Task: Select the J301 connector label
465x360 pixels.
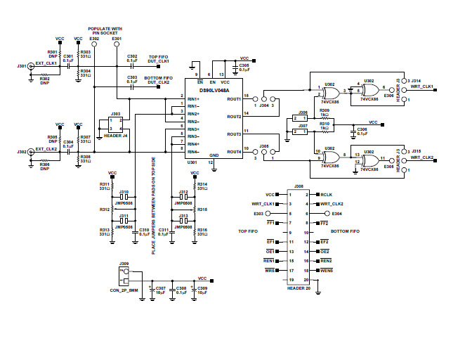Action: coord(21,66)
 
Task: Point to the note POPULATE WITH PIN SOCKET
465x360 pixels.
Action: coord(106,31)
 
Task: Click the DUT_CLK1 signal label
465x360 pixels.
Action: coord(159,62)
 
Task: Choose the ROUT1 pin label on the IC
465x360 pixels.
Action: coord(234,99)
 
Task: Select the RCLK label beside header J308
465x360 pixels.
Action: coord(326,194)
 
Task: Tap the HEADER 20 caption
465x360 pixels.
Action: coord(301,288)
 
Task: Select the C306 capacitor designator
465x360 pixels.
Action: coord(362,130)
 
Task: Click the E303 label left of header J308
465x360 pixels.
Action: coord(259,213)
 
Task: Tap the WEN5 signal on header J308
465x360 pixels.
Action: coord(327,270)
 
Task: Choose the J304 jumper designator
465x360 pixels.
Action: coord(264,105)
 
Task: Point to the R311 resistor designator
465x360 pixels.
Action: coord(105,184)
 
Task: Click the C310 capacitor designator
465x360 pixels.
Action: coord(144,230)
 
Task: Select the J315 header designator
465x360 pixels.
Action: coord(416,151)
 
